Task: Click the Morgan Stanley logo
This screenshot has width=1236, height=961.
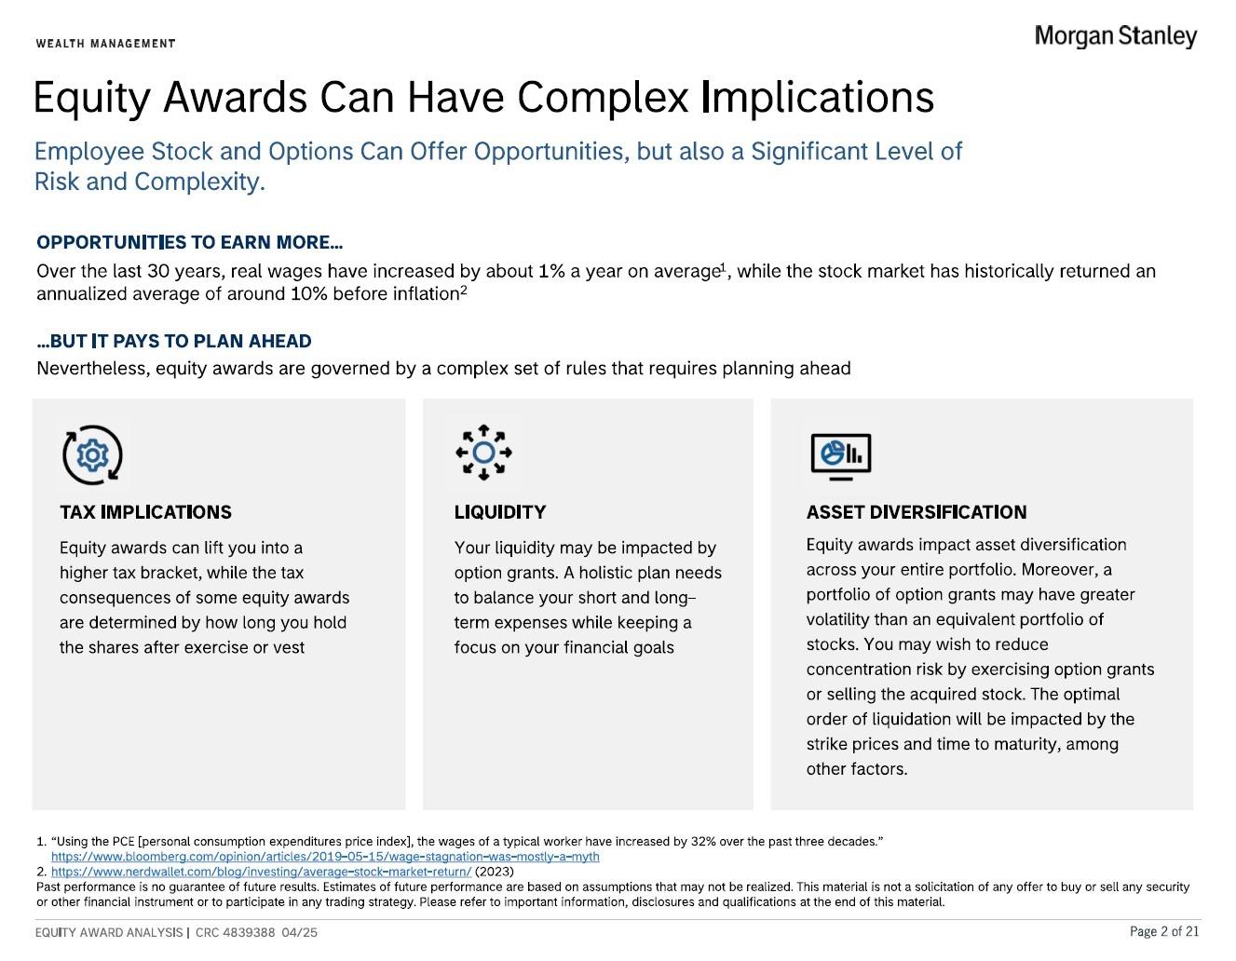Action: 1116,36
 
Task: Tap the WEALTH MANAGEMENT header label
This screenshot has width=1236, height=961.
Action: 106,44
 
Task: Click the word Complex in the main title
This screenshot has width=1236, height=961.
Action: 603,97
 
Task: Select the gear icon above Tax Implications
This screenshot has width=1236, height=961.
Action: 92,455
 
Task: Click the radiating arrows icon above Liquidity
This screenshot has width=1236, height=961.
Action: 483,453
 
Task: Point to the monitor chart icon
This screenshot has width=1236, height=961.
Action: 841,456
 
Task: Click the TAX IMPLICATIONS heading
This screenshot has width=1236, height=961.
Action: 145,512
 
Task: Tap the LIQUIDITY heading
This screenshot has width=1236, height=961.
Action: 500,512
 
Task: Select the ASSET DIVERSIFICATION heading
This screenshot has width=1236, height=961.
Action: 917,512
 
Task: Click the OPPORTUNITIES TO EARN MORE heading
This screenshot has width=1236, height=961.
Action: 189,242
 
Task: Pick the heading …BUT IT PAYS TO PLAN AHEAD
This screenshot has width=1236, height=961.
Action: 174,341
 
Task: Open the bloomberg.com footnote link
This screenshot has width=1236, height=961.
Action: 325,857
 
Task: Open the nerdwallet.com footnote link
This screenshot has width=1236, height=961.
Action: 261,872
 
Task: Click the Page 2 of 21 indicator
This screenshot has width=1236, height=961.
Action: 1164,931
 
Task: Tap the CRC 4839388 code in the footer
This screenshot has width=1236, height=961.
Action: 236,932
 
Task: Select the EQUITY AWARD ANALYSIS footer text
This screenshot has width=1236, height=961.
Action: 109,932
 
